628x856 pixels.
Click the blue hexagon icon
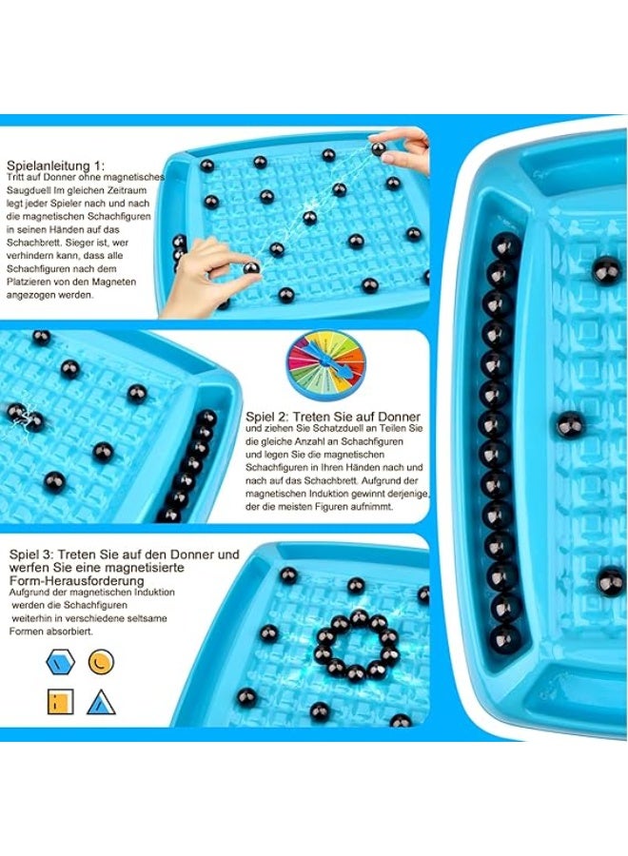click(58, 661)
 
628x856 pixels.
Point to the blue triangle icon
click(100, 703)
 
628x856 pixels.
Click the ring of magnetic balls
click(356, 646)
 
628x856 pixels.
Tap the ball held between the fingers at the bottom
click(251, 268)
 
